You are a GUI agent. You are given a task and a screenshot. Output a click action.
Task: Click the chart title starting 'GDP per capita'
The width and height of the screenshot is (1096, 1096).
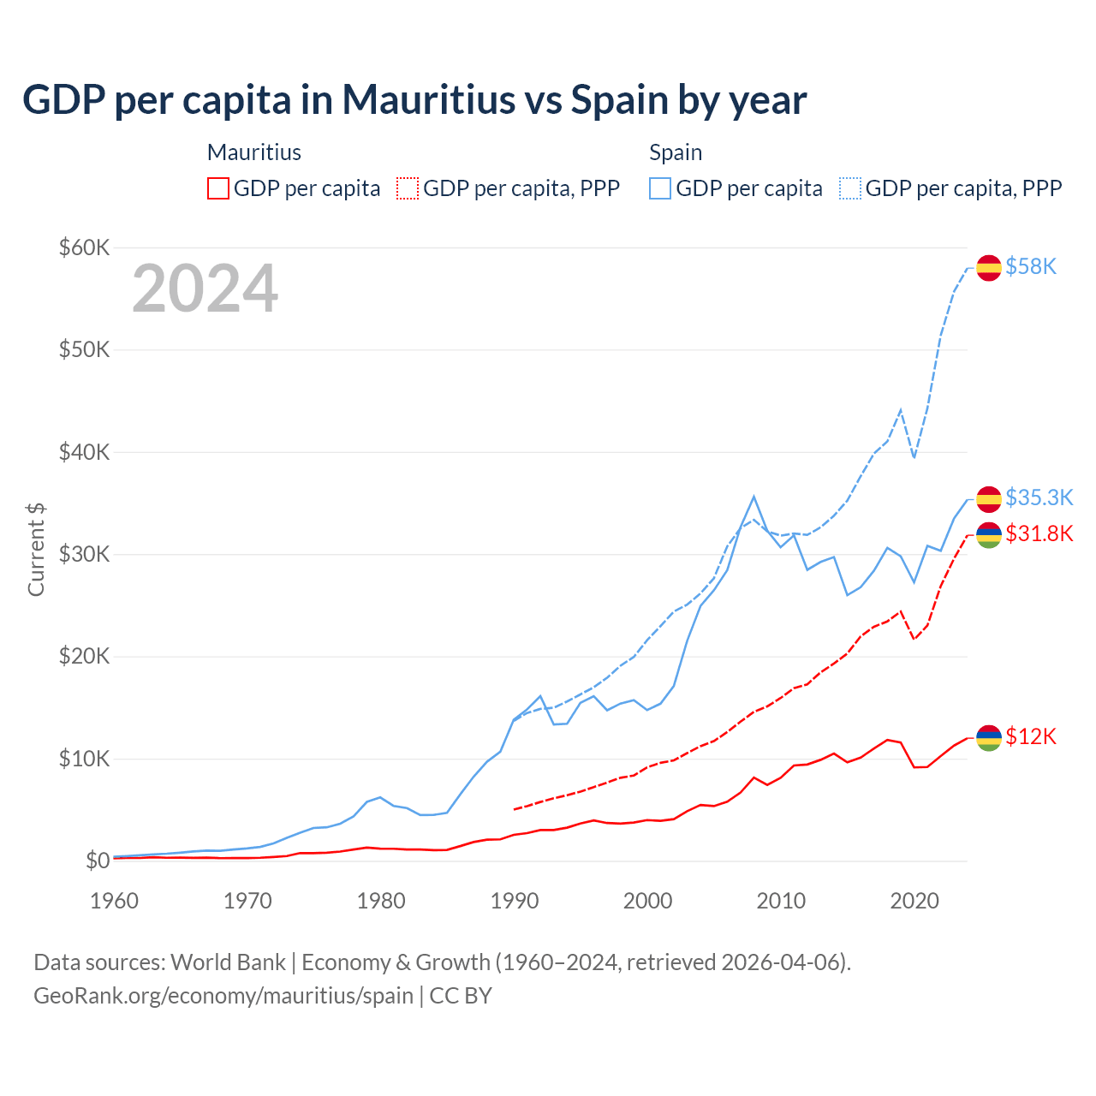[414, 100]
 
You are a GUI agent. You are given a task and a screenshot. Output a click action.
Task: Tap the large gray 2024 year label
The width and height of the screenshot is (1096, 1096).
[205, 289]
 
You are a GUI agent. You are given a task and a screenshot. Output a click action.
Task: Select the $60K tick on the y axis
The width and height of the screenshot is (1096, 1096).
[84, 247]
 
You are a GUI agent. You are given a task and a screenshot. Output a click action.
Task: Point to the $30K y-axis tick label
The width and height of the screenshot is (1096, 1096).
[84, 554]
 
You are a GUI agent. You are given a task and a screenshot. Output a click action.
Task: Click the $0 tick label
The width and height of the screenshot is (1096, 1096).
[98, 861]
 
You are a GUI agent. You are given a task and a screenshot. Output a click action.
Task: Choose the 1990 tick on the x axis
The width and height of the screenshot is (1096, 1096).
[515, 901]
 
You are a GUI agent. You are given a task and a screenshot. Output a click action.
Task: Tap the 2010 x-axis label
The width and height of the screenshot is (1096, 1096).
[781, 901]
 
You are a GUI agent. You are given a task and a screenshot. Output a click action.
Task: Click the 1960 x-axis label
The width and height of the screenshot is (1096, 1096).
[115, 901]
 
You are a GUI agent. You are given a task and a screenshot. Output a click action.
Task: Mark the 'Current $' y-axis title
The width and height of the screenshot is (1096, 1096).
[36, 550]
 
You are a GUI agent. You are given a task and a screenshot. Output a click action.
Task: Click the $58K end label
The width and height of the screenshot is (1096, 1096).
[1031, 267]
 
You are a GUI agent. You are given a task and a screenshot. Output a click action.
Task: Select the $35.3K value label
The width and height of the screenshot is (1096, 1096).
[1039, 497]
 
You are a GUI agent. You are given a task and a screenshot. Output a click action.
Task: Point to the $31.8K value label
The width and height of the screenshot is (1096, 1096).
[1039, 534]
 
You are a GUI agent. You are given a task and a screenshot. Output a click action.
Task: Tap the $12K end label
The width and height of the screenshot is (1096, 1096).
[1031, 737]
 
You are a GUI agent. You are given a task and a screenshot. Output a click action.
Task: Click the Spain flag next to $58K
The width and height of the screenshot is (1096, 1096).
[989, 267]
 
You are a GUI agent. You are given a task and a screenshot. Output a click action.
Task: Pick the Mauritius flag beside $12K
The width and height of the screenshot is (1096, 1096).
[989, 737]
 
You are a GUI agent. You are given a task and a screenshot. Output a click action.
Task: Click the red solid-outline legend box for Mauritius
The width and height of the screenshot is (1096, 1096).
[218, 188]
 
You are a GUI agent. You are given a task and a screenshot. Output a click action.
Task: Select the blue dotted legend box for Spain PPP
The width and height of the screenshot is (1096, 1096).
[850, 188]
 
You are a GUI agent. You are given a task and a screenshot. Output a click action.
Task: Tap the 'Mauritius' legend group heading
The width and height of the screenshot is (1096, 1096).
[254, 152]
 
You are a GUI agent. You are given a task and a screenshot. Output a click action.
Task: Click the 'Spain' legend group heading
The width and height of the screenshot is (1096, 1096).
[676, 152]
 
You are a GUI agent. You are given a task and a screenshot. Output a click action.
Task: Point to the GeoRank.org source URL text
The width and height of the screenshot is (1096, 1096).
[223, 996]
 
